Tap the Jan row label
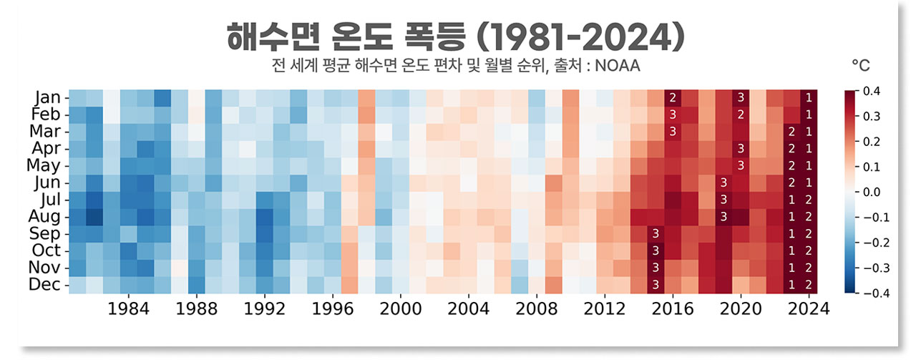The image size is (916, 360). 49,97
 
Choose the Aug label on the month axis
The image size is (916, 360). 48,216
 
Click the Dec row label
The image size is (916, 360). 48,284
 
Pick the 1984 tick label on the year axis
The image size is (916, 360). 128,309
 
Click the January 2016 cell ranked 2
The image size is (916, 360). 673,97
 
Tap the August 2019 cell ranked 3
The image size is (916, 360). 723,216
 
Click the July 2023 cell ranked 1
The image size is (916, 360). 791,199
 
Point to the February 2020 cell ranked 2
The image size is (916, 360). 741,115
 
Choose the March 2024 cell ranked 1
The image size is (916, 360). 809,132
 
